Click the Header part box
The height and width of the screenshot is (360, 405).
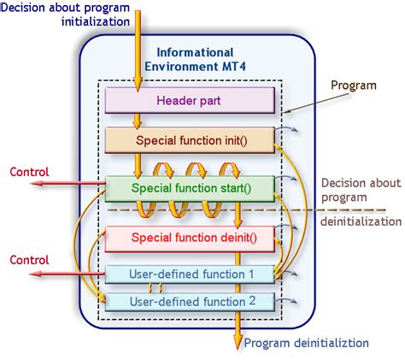[189, 102]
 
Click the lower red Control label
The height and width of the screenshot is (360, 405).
[29, 259]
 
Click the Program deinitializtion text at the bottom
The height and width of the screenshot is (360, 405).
[306, 343]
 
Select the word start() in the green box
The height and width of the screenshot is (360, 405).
[243, 187]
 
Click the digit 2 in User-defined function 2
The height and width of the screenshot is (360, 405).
[251, 301]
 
